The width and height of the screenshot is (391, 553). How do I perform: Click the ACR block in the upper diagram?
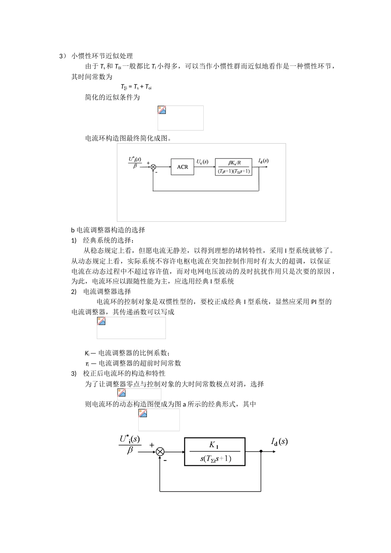pos(182,167)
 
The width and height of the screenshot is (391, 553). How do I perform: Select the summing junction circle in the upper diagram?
pos(153,167)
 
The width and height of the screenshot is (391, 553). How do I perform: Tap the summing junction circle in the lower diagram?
pos(160,452)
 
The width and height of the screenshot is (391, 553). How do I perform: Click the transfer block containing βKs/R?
pos(233,167)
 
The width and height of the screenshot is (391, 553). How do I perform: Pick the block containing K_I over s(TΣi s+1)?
pos(215,451)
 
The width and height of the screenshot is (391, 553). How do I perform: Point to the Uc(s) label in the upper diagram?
pos(202,162)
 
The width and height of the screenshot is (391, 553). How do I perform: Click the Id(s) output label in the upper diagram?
pos(263,160)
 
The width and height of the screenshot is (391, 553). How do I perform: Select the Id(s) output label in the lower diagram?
pos(279,441)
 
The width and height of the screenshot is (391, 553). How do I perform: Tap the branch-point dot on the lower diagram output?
pos(261,451)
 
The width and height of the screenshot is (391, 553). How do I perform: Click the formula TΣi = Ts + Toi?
pos(136,87)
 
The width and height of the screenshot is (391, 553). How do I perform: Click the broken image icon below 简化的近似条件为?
pos(162,110)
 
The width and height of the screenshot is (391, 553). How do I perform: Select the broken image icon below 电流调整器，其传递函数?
pos(101,321)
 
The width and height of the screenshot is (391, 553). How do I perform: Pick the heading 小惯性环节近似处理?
pos(102,56)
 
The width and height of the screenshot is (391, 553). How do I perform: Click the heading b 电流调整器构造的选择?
pos(108,230)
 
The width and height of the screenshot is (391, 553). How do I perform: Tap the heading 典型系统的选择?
pos(108,240)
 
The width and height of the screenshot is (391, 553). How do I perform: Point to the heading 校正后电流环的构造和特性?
pos(124,374)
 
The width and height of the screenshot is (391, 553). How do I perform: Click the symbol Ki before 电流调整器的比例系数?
pos(87,353)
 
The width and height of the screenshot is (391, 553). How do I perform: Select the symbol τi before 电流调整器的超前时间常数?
pos(87,363)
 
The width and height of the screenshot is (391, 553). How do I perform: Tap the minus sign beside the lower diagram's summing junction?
pos(165,461)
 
